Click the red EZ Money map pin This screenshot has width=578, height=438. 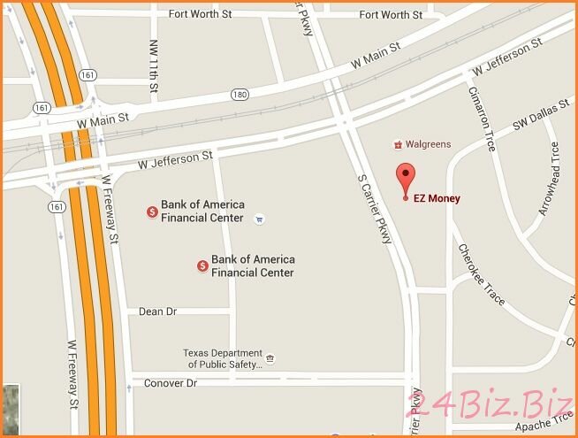406,178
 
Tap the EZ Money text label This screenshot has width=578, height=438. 437,198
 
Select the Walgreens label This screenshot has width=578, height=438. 429,144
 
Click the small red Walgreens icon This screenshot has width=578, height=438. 399,144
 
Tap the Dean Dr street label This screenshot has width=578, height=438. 158,312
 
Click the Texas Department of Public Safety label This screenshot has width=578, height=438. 222,357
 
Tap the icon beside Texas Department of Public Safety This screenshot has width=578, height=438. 270,358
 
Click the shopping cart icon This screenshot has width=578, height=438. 258,218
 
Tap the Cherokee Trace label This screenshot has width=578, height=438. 482,275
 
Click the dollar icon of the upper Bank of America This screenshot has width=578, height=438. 152,211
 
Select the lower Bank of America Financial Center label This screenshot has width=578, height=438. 253,266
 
